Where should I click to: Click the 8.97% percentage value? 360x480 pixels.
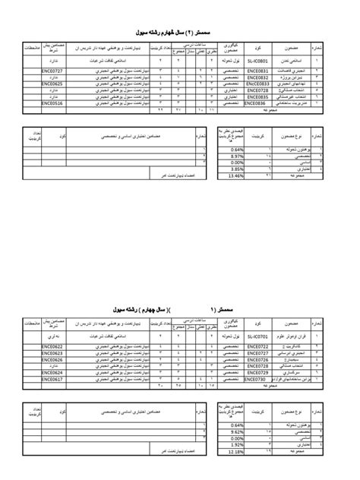point(234,156)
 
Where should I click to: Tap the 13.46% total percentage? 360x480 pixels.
point(234,175)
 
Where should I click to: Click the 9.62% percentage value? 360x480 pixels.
point(234,431)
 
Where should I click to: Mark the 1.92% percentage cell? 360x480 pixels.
point(234,444)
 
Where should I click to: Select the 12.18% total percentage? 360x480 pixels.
point(234,450)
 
